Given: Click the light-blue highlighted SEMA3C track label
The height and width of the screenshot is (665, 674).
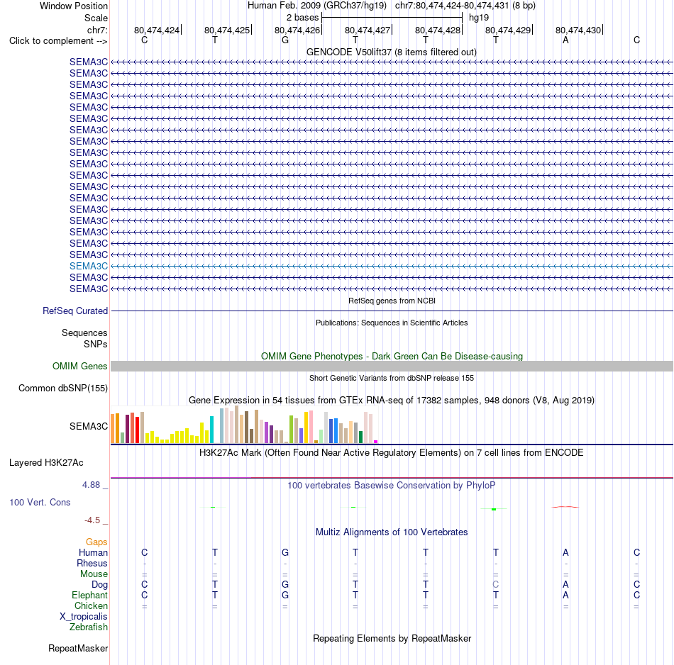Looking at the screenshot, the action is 89,267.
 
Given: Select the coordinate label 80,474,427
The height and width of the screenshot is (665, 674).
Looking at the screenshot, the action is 368,30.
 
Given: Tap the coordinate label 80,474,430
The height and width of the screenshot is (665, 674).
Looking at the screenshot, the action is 578,30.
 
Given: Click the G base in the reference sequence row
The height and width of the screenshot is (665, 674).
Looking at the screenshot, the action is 285,40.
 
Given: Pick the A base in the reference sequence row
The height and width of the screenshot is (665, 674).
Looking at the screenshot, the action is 565,40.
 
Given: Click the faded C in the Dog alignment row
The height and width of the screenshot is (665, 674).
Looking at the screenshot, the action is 496,585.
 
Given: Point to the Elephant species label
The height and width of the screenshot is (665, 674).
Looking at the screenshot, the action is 89,596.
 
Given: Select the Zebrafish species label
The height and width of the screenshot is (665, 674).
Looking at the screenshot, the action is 89,627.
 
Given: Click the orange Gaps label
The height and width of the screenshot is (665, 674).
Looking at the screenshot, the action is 96,542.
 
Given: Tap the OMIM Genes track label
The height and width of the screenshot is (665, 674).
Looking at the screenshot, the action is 80,366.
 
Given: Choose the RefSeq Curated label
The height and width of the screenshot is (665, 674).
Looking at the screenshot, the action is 75,311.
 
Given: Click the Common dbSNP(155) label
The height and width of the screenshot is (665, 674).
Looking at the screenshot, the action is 63,388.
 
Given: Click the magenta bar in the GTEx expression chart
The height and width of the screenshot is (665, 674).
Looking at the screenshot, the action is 376,442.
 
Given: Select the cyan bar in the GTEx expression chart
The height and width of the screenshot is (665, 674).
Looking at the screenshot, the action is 211,430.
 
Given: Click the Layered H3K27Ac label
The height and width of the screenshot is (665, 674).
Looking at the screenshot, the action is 46,463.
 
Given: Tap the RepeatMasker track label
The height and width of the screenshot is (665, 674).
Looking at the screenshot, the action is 78,648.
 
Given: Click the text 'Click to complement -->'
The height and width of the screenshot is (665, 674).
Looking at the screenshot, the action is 58,41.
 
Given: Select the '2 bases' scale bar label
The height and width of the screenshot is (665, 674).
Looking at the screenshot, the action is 303,18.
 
